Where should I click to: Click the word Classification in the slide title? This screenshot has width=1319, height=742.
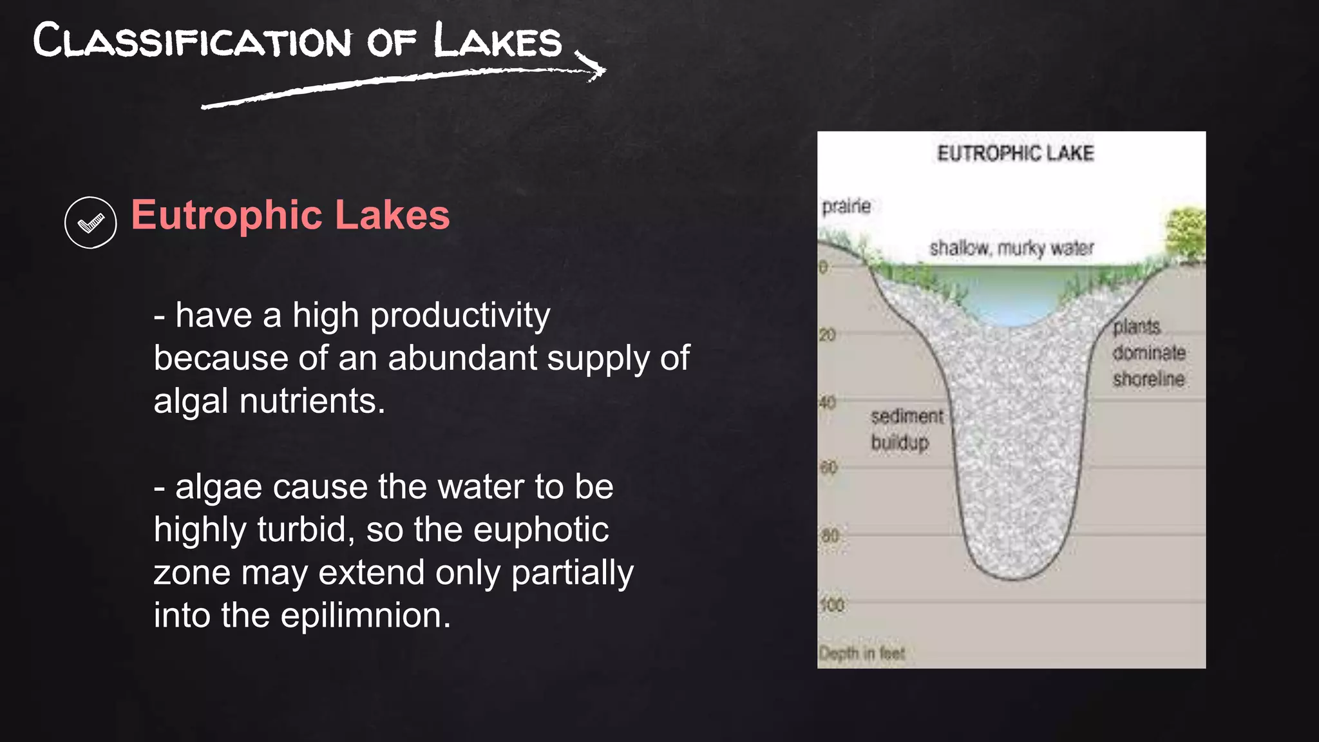click(x=192, y=41)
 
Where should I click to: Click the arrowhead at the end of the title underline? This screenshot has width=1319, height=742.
click(x=596, y=70)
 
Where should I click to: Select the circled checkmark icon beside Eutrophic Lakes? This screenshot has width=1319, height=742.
click(x=91, y=223)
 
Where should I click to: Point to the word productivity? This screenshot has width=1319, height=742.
click(x=460, y=316)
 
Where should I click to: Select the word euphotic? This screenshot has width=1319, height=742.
click(x=541, y=529)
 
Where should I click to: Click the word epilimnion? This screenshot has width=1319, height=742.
click(x=366, y=615)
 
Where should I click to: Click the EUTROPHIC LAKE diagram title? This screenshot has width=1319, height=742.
click(x=1015, y=153)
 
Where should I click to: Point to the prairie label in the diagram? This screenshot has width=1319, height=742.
click(x=846, y=206)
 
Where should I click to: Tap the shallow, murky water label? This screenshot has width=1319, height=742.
click(x=1011, y=248)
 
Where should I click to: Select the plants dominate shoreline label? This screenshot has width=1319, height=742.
click(x=1148, y=353)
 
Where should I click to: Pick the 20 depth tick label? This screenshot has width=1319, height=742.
click(x=828, y=335)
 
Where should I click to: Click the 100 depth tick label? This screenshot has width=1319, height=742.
click(x=831, y=605)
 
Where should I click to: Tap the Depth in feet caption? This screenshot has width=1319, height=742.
click(x=862, y=653)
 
